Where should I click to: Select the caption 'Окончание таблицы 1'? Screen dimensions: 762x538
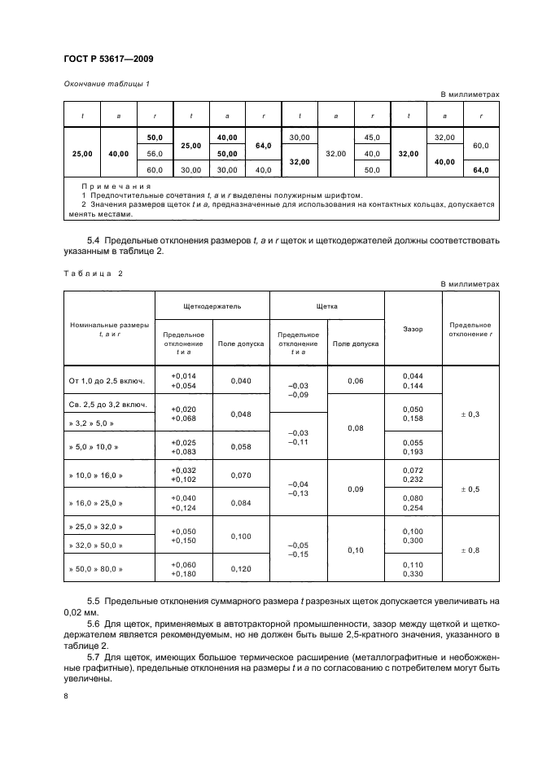point(106,84)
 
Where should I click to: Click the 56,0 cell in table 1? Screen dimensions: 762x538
point(155,154)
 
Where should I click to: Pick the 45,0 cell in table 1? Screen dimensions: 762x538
point(372,137)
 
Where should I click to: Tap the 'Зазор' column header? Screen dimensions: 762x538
point(413,329)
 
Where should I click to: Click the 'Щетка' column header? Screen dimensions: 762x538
point(326,308)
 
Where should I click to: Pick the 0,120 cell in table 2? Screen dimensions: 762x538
point(241,569)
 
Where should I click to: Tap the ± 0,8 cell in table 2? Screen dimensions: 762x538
point(470,550)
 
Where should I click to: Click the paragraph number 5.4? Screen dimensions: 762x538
point(93,241)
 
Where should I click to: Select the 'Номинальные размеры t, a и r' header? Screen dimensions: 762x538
point(108,329)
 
